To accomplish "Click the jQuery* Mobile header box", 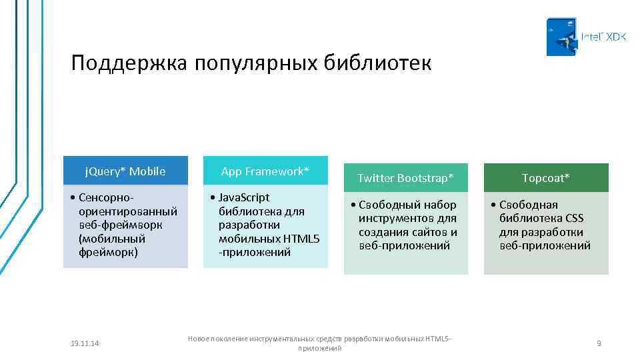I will click(x=125, y=171).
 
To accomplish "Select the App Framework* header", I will click(x=265, y=171).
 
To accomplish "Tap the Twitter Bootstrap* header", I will click(x=405, y=178).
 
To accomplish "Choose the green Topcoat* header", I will click(x=545, y=178).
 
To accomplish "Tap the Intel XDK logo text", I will click(x=603, y=37).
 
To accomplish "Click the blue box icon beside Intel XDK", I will click(x=561, y=37).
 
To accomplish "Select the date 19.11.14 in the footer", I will click(x=85, y=343).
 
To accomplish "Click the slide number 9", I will click(x=599, y=343).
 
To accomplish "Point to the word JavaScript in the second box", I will click(x=244, y=197).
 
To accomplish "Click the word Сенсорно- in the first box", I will click(x=106, y=197).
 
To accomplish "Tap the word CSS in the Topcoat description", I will click(x=574, y=218).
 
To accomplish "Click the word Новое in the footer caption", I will click(x=200, y=339).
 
